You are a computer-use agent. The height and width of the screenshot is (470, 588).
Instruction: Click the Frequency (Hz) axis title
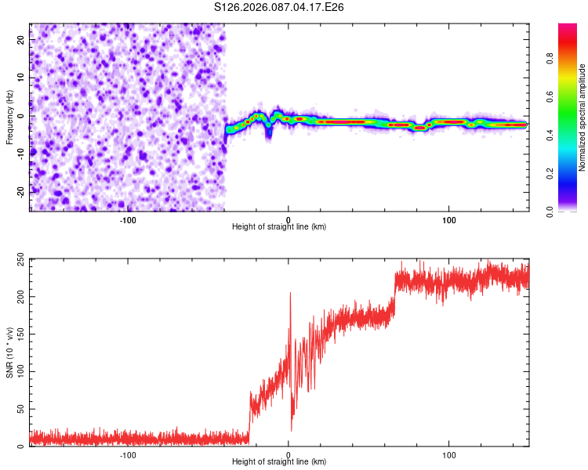point(9,117)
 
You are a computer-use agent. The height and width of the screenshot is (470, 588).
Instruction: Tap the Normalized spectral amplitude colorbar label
point(583,117)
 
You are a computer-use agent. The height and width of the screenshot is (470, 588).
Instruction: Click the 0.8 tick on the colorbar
point(572,57)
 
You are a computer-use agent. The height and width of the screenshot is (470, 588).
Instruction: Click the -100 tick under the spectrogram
point(127,219)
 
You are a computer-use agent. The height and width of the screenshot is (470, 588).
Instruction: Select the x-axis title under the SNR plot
point(280,462)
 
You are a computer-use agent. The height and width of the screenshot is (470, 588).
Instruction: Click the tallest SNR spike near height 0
point(290,293)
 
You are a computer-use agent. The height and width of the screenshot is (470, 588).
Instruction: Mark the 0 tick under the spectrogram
point(289,219)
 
